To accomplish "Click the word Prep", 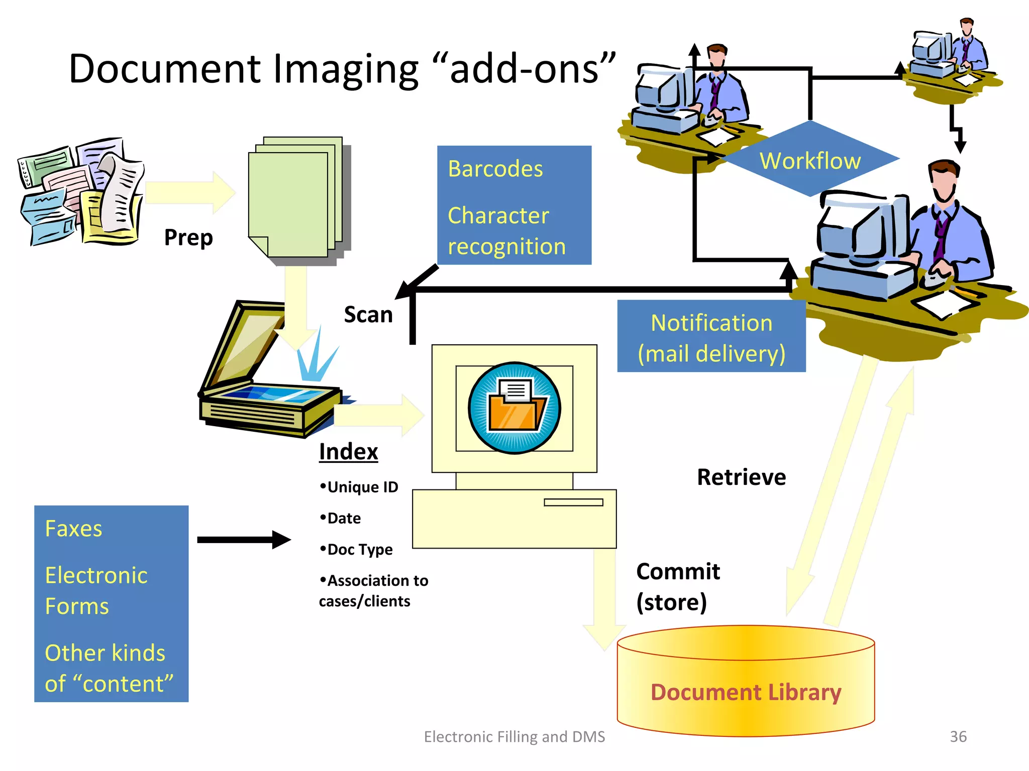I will [x=188, y=237].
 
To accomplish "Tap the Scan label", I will [x=368, y=315].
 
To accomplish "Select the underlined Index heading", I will [x=348, y=451].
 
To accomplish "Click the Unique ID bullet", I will [x=359, y=487].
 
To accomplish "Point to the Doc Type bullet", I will [x=356, y=549].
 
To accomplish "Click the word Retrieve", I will [x=741, y=477].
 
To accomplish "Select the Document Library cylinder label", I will [x=746, y=692].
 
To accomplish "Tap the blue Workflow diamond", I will [x=809, y=160].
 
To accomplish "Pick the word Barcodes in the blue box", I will [x=495, y=169].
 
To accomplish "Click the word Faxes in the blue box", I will [x=73, y=529].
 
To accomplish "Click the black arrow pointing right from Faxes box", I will [x=244, y=540].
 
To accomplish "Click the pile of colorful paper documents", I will [x=80, y=193].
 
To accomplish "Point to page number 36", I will [x=958, y=736].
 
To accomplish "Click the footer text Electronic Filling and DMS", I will [x=514, y=736].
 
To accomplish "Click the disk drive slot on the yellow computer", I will [x=573, y=502].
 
